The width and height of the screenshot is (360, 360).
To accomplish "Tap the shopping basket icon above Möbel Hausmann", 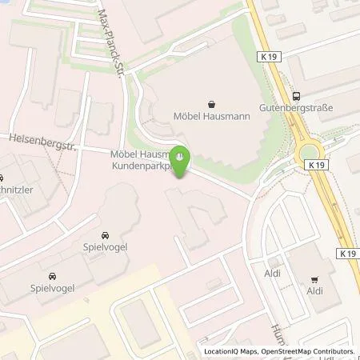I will pos(211,104).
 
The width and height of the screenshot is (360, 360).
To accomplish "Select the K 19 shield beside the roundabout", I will pos(316,163).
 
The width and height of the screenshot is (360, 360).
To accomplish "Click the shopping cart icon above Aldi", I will pos(314,280).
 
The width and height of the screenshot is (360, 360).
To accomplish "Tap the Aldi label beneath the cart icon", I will pos(314,293).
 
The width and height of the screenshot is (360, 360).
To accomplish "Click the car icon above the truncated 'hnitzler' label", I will pos(2,178).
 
